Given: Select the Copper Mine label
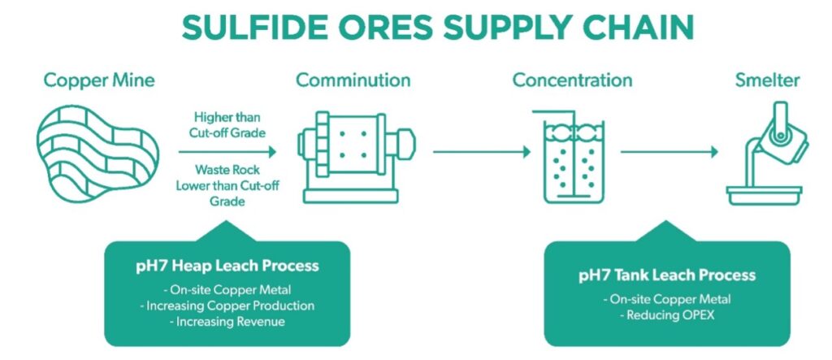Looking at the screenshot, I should click(99, 80).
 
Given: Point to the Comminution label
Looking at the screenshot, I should click(353, 80).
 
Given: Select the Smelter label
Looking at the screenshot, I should click(767, 80).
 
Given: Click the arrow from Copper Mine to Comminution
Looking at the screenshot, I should click(227, 150).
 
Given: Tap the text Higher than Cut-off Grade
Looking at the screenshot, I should click(227, 124).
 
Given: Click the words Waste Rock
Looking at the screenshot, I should click(227, 170).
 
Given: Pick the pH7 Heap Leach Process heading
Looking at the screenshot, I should click(227, 266).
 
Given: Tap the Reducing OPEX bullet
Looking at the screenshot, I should click(666, 315).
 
